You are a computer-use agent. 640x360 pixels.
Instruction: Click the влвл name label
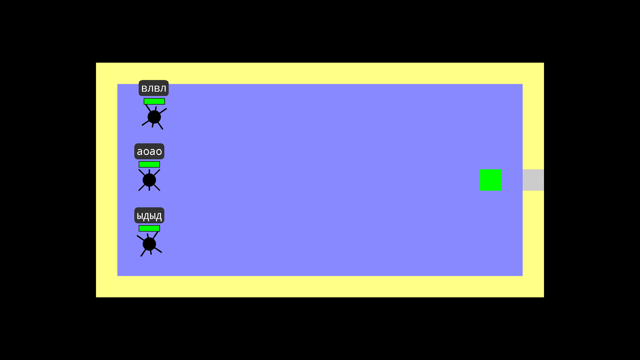[x=154, y=88]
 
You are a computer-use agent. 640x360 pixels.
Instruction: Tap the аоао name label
[x=149, y=151]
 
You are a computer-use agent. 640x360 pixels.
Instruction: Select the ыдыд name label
[x=149, y=215]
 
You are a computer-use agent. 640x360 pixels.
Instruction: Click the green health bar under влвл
[x=154, y=101]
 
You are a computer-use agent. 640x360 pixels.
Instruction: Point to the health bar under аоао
[x=149, y=164]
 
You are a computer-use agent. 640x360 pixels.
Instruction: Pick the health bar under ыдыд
[x=149, y=228]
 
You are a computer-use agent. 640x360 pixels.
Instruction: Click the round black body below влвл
[x=154, y=117]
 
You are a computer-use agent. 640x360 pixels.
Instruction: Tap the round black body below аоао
[x=149, y=180]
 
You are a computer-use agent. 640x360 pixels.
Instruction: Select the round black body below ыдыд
[x=149, y=244]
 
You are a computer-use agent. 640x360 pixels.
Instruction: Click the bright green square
[x=490, y=180]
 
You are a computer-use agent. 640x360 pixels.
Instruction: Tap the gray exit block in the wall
[x=533, y=180]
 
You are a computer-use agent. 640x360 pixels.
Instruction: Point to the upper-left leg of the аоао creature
[x=142, y=172]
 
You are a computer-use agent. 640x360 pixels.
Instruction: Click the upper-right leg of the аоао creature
[x=157, y=172]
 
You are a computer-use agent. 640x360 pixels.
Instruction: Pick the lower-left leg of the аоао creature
[x=142, y=188]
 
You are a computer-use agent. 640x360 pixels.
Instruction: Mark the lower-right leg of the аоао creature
[x=157, y=188]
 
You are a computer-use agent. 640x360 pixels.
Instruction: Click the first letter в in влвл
[x=144, y=89]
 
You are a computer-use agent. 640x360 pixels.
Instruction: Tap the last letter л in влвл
[x=163, y=89]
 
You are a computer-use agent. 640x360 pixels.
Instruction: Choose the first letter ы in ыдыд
[x=140, y=216]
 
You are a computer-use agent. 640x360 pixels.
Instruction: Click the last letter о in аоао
[x=159, y=152]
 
